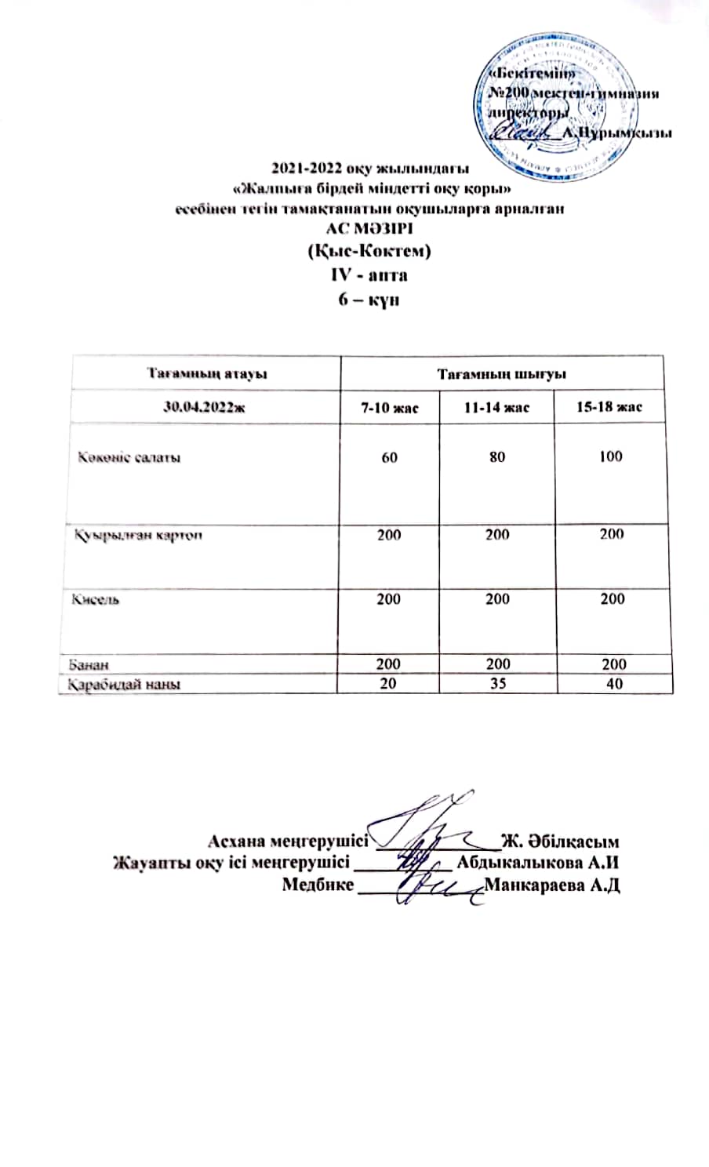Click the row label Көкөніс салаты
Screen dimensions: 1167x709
click(x=129, y=457)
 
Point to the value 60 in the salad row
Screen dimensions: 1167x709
click(x=389, y=456)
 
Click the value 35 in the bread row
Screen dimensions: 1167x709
click(x=497, y=684)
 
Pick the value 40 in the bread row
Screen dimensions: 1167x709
click(x=614, y=684)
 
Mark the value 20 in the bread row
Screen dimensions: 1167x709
click(x=388, y=684)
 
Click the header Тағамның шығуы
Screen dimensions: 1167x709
click(x=502, y=374)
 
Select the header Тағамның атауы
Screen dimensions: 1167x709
click(x=207, y=374)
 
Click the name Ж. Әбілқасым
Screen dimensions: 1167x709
click(x=561, y=843)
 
